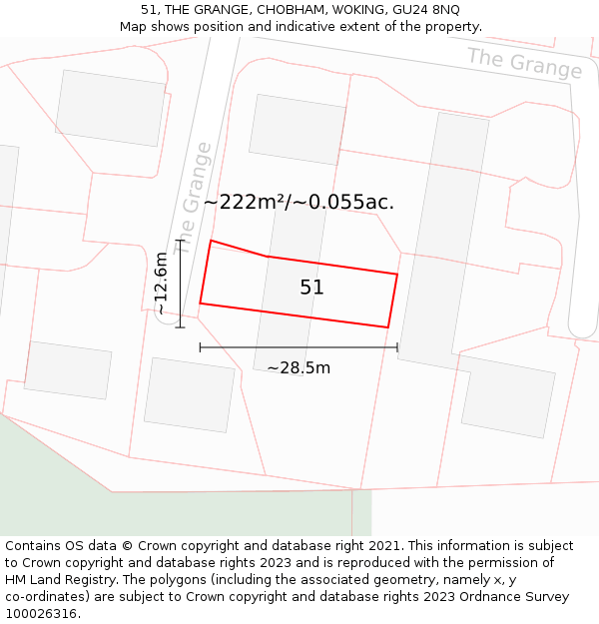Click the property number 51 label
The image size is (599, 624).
tap(311, 288)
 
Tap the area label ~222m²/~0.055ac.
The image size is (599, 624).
tap(299, 202)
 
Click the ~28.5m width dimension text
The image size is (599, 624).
tap(299, 367)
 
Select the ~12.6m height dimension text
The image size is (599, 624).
tap(161, 285)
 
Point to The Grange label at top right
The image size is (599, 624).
tap(524, 62)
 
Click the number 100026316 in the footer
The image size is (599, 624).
tap(39, 613)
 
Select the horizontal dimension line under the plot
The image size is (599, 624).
tap(299, 347)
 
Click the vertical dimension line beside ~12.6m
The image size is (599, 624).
tap(180, 284)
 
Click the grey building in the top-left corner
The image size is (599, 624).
tap(110, 108)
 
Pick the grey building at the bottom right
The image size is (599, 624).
tap(507, 395)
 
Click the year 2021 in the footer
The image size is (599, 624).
tap(384, 546)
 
